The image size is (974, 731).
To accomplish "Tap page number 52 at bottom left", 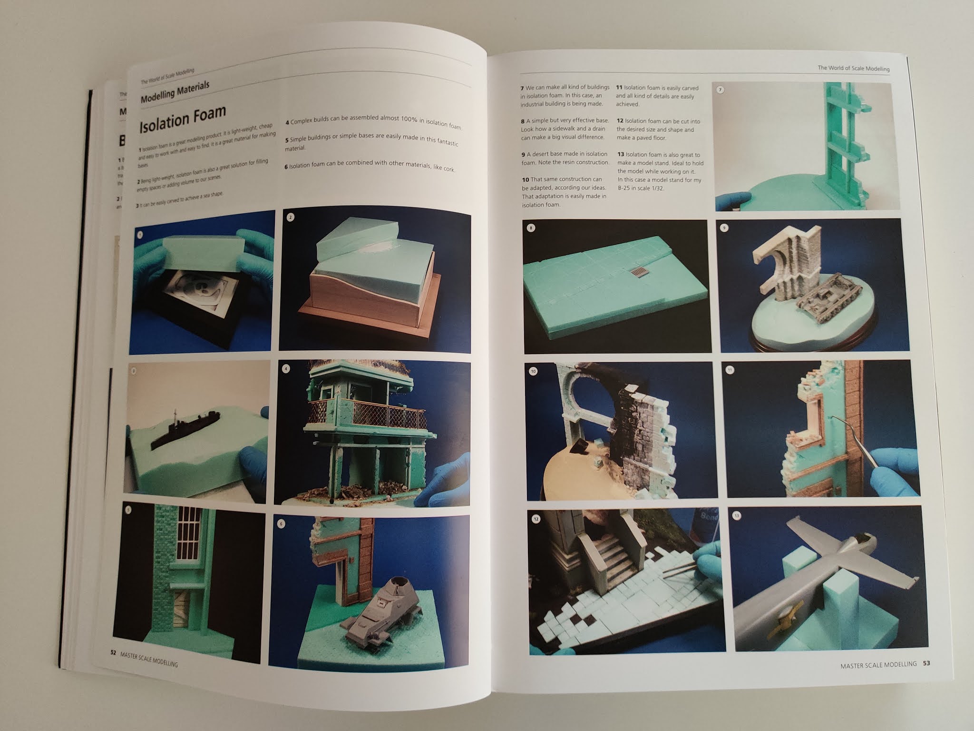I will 114,653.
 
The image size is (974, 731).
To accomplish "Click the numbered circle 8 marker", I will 532,228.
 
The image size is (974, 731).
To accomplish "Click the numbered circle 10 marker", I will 534,372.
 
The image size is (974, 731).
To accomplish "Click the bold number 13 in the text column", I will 620,155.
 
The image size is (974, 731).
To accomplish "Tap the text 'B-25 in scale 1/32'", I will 640,188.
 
